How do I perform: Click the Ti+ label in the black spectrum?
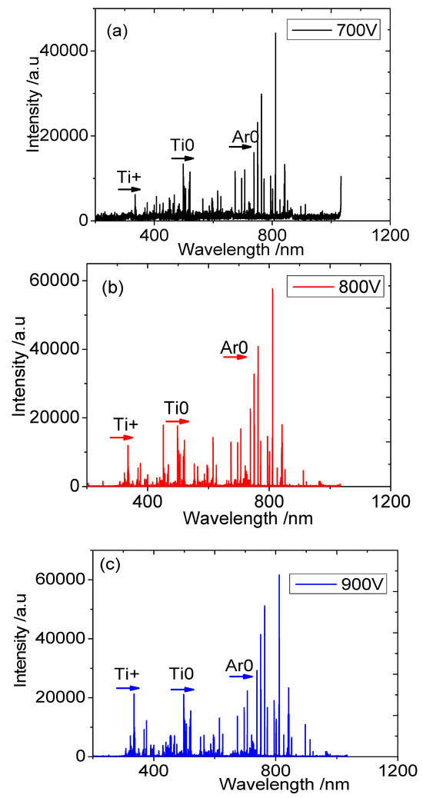tap(129, 176)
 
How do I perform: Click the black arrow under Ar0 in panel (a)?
tap(241, 148)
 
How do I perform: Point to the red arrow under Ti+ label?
tap(122, 437)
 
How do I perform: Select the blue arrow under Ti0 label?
tap(183, 689)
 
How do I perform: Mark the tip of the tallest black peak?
tap(275, 33)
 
